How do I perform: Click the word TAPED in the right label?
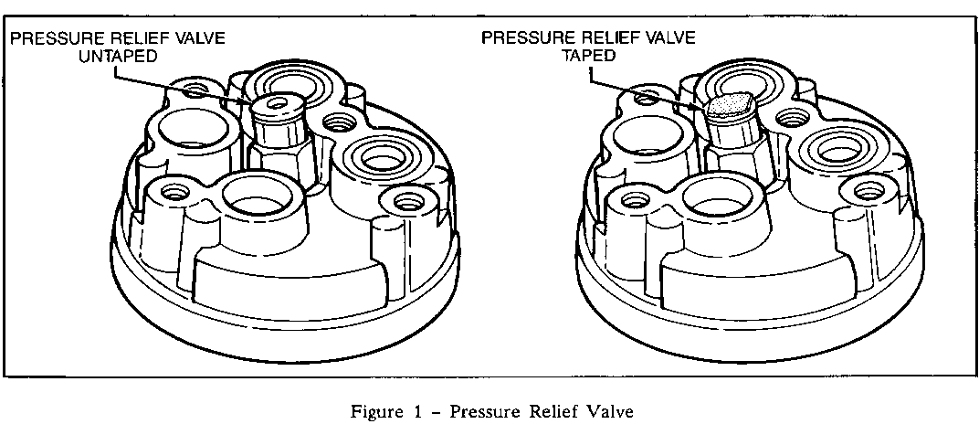(589, 55)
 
